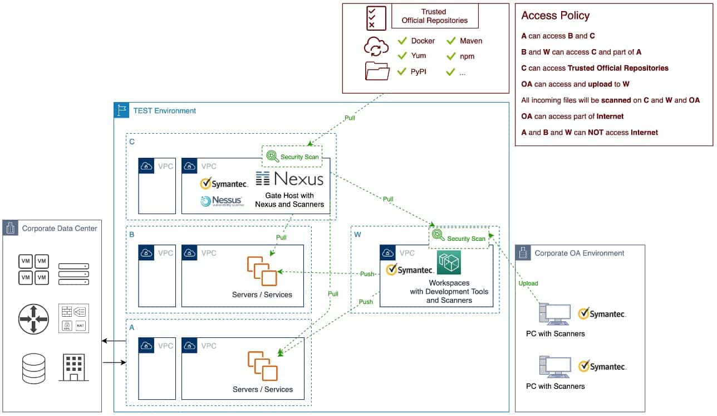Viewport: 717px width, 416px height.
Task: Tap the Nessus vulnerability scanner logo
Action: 221,201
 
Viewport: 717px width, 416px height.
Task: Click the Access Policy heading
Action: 555,16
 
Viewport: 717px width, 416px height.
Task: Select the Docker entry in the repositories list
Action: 423,41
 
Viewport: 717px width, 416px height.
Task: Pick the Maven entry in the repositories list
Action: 470,41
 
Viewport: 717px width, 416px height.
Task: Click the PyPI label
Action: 418,71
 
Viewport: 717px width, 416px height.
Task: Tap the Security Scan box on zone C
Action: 292,157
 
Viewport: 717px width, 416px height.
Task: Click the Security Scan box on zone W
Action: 459,238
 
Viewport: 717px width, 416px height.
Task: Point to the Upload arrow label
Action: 528,283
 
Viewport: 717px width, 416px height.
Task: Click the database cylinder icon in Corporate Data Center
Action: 33,369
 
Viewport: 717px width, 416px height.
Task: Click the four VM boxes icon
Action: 33,269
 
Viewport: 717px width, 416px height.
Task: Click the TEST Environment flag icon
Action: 121,110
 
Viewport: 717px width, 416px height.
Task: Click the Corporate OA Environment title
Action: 579,253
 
